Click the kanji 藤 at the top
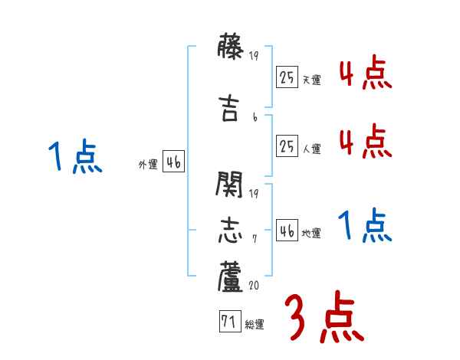point(230,48)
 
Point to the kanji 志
point(230,231)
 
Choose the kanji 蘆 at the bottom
point(230,277)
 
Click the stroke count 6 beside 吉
point(255,117)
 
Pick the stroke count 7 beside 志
point(255,238)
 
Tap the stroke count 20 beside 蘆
point(255,285)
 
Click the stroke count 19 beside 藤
point(255,56)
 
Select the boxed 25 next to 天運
point(287,78)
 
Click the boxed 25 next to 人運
point(287,147)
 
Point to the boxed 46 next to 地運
point(287,231)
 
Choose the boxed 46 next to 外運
point(173,162)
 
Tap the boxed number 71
point(228,322)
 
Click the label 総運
point(255,325)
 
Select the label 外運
point(147,164)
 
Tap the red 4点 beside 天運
point(364,74)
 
